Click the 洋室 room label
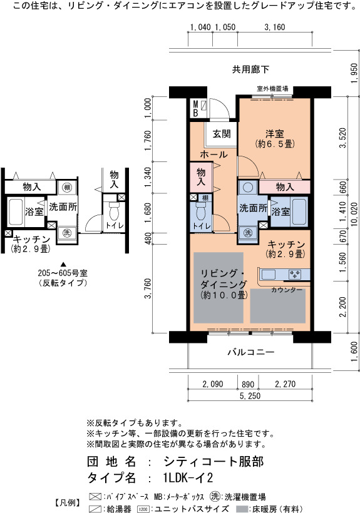coord(274,133)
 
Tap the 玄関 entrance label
coord(222,133)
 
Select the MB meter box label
coord(195,109)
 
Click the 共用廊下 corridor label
coord(250,69)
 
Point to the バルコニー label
coord(251,352)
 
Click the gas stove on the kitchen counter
coord(295,274)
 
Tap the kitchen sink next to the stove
coord(268,274)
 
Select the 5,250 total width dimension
coord(250,396)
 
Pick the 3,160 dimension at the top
coord(275,27)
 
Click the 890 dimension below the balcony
coord(248,384)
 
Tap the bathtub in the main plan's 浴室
coord(299,211)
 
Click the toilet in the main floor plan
coord(200,211)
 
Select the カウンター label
coord(287,290)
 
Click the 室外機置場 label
coord(272,89)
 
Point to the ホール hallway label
coord(213,155)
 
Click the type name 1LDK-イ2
coord(188,478)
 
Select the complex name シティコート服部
coord(213,461)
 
